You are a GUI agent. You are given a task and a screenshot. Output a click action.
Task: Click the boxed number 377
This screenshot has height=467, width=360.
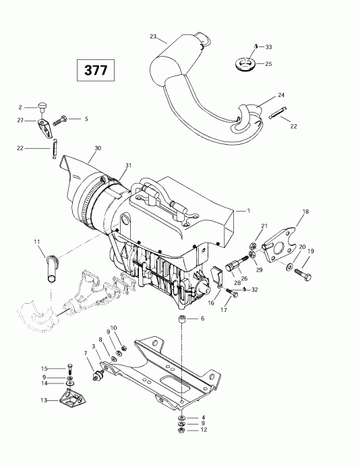click(94, 69)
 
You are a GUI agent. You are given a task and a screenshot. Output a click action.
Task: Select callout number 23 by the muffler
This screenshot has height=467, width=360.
click(153, 36)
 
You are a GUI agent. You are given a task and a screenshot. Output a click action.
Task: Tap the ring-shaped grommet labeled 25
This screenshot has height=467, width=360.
click(242, 65)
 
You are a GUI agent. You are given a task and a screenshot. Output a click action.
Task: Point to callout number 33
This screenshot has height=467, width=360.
click(268, 46)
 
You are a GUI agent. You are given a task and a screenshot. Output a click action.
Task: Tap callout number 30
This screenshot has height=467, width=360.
click(98, 148)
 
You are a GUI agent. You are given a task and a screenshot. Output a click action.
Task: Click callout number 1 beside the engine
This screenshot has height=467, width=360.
click(248, 211)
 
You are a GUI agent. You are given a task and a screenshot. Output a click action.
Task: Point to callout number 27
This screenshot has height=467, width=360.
click(21, 120)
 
